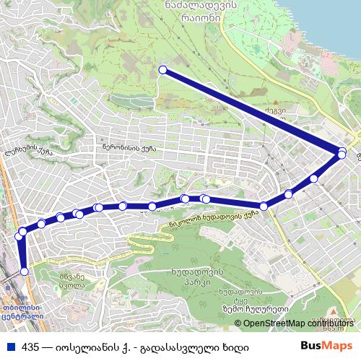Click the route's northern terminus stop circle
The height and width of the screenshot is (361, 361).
point(162,70)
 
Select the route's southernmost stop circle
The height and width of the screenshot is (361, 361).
point(25,271)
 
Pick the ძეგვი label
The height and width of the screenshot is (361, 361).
point(271,111)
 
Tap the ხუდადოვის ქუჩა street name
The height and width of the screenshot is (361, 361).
point(220,214)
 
